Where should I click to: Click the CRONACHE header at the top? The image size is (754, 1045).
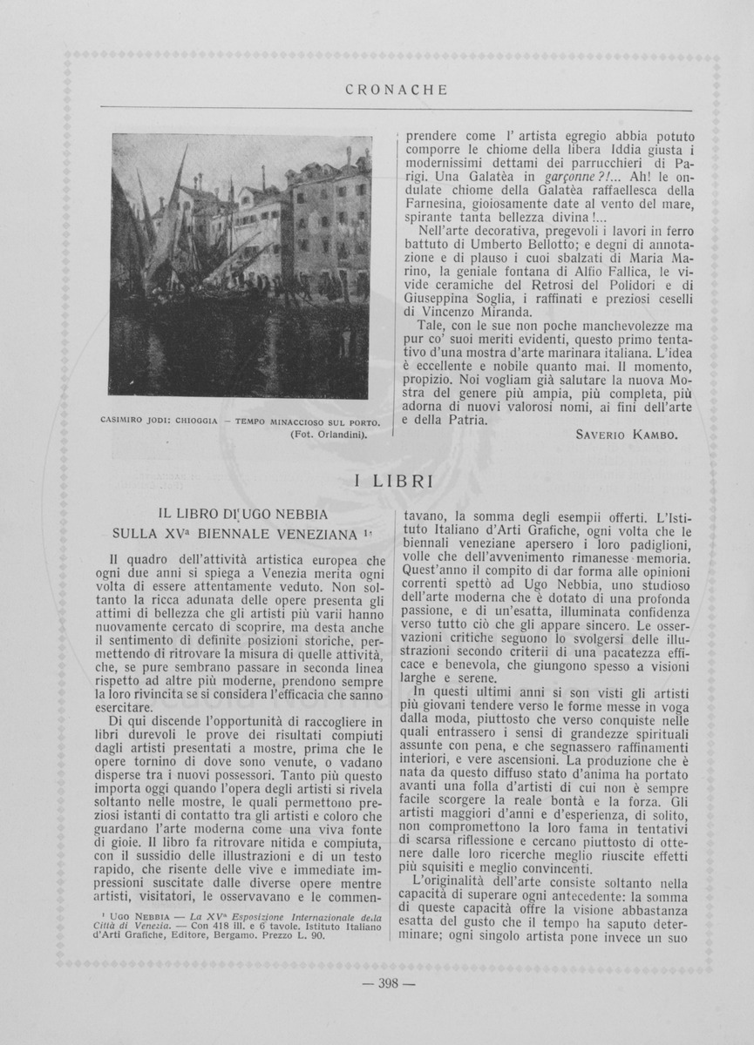tap(396, 90)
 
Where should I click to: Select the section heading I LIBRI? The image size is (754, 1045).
tap(397, 481)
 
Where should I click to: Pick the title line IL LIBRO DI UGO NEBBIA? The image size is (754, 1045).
tap(242, 514)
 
